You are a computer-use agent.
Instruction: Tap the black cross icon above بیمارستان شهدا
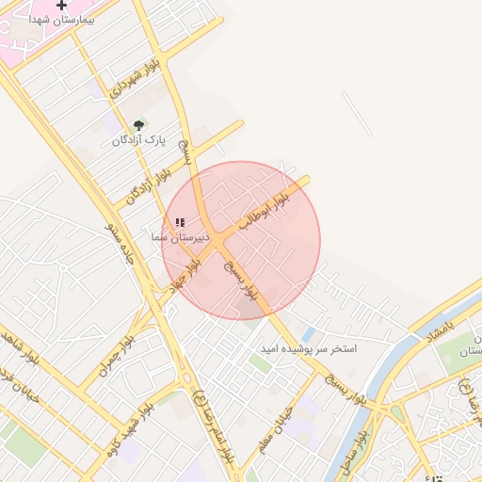click(62, 6)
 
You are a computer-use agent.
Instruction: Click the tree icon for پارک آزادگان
click(139, 124)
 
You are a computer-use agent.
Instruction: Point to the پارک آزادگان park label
click(138, 140)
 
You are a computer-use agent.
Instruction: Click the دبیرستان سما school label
click(180, 239)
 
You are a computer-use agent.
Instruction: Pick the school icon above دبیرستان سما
click(180, 223)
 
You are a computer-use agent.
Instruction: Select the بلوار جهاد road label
click(185, 274)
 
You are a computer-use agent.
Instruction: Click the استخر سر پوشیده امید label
click(310, 348)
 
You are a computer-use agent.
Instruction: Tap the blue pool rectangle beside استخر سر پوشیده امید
click(309, 334)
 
